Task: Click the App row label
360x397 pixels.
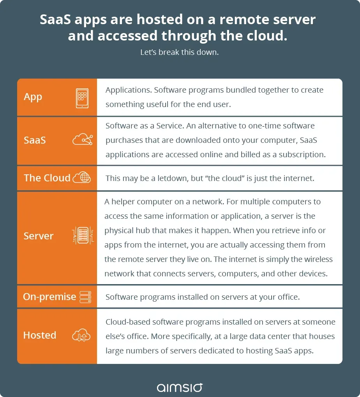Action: [33, 97]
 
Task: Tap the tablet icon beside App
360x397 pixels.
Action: [82, 97]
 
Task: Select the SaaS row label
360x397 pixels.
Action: [35, 140]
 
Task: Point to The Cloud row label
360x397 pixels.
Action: [47, 178]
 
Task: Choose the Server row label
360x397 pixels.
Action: [39, 236]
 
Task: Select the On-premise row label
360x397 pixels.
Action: [49, 297]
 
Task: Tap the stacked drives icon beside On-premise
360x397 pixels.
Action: [85, 297]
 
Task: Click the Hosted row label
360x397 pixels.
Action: [40, 335]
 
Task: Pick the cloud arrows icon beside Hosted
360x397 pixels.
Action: [81, 336]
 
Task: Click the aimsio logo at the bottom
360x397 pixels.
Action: [180, 387]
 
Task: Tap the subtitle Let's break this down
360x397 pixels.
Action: [180, 52]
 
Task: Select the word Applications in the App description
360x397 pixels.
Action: [128, 90]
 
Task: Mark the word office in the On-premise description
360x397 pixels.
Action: [285, 297]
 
